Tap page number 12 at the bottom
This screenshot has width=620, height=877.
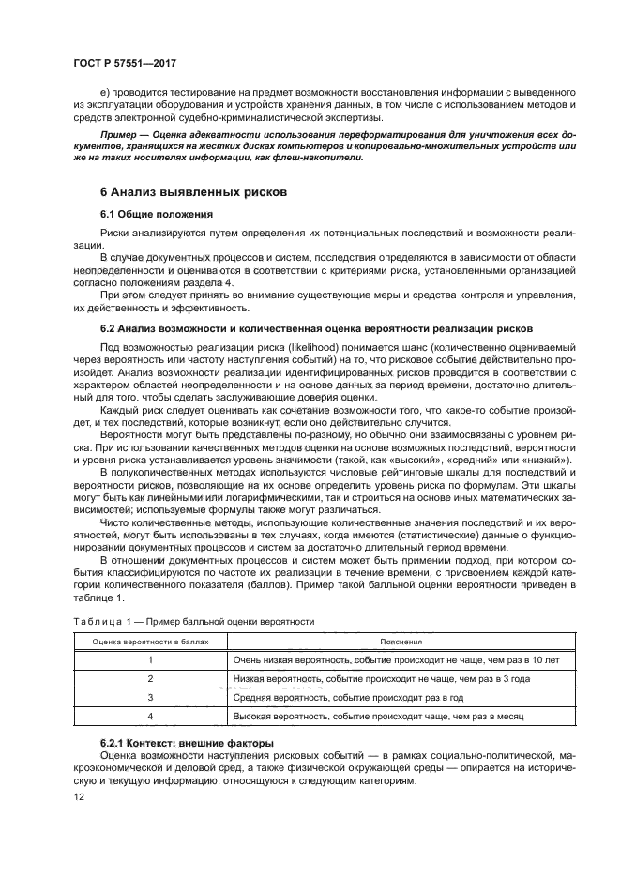(x=80, y=796)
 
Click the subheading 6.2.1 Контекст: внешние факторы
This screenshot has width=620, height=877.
(x=186, y=743)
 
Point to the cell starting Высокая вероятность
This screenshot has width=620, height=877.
(x=377, y=717)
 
